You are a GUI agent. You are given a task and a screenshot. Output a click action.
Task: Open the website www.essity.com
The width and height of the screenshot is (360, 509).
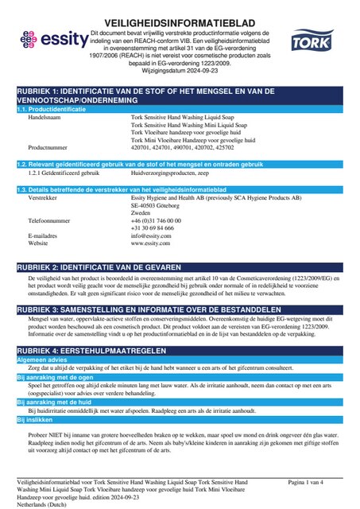(151, 243)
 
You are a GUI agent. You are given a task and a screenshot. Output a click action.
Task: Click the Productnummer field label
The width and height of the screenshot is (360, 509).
(50, 148)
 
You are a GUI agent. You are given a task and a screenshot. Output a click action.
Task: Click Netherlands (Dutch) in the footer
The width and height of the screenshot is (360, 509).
(45, 503)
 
